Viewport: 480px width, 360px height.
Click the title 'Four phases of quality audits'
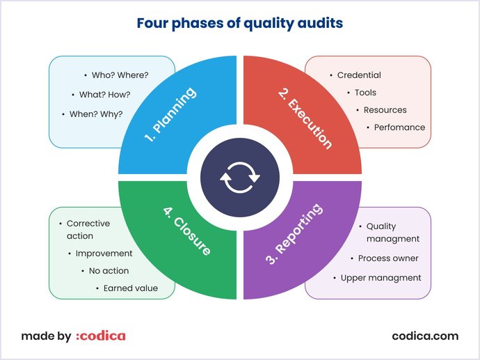(239, 24)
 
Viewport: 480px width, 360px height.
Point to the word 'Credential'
(359, 75)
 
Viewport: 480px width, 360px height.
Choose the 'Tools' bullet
(365, 93)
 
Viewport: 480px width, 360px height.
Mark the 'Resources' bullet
(385, 110)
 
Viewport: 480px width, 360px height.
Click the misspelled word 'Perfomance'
(399, 127)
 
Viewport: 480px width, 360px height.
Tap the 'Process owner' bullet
(388, 258)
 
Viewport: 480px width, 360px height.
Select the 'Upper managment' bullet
(381, 278)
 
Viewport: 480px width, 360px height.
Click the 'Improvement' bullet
(104, 253)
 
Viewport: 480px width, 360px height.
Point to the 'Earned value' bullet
(130, 288)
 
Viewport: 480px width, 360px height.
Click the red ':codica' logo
(100, 336)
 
